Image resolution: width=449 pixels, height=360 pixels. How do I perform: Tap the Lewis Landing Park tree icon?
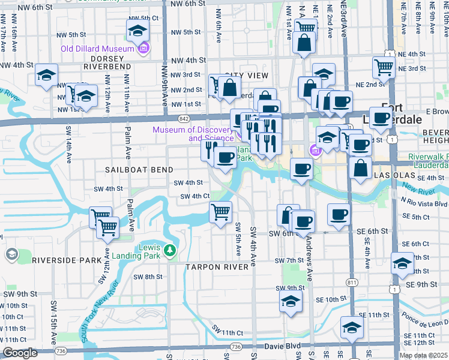coord(170,250)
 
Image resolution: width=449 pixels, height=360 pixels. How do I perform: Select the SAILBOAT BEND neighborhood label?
coord(139,170)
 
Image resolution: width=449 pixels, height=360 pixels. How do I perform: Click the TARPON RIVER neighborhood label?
coord(217,266)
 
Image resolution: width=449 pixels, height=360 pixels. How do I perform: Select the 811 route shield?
coord(351,281)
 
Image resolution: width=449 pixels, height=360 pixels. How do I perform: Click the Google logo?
coord(20,353)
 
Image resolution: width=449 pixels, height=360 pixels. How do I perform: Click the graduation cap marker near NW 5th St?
coord(137,29)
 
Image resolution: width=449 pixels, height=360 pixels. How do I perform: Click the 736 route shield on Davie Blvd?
coord(236,347)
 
